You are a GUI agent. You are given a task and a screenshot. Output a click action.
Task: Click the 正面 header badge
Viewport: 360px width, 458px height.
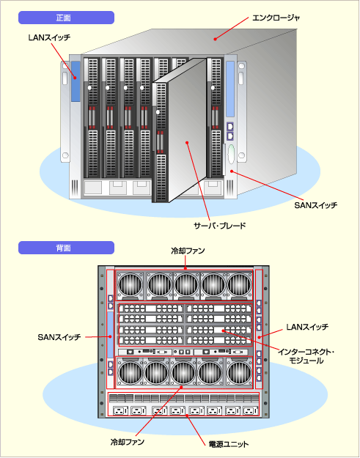pyautogui.click(x=66, y=18)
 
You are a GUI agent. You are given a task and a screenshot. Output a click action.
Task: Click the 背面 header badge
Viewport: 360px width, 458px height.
pyautogui.click(x=66, y=248)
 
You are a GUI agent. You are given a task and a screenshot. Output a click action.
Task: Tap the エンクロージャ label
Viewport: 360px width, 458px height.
pyautogui.click(x=276, y=18)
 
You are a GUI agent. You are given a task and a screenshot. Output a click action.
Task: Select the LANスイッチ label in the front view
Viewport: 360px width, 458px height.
pyautogui.click(x=50, y=37)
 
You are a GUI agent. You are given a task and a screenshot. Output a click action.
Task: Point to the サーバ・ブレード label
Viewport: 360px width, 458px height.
pyautogui.click(x=220, y=225)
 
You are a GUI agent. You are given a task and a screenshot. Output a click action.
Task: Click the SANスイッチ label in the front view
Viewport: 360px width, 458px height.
pyautogui.click(x=315, y=205)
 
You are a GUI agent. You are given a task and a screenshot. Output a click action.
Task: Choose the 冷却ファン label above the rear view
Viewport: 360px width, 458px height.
pyautogui.click(x=188, y=251)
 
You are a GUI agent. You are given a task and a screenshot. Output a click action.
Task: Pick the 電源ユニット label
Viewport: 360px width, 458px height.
pyautogui.click(x=229, y=444)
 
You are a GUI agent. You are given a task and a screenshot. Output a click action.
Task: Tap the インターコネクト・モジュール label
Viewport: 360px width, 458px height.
pyautogui.click(x=306, y=356)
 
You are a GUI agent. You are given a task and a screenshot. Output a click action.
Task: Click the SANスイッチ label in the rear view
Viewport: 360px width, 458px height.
pyautogui.click(x=59, y=337)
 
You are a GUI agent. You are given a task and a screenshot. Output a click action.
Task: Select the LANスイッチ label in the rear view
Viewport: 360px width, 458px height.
pyautogui.click(x=307, y=327)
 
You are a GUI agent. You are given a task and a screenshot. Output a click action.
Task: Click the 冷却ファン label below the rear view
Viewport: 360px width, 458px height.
pyautogui.click(x=128, y=442)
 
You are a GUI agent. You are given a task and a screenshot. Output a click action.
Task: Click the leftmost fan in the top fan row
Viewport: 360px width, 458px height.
pyautogui.click(x=131, y=285)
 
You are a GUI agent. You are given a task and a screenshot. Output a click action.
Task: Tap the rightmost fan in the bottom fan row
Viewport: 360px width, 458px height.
pyautogui.click(x=239, y=373)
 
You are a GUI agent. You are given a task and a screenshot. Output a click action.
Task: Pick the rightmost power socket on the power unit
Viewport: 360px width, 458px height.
pyautogui.click(x=251, y=411)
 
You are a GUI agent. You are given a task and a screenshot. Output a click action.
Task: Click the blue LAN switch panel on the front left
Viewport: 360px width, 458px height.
pyautogui.click(x=76, y=81)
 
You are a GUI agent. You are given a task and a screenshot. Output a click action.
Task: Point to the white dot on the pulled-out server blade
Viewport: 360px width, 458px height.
pyautogui.click(x=158, y=112)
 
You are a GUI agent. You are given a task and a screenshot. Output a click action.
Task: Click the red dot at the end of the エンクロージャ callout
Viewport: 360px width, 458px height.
pyautogui.click(x=215, y=39)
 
